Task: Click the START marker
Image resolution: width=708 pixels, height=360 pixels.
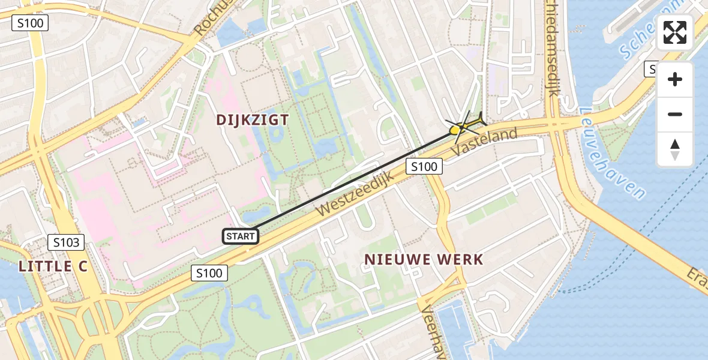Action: pyautogui.click(x=241, y=236)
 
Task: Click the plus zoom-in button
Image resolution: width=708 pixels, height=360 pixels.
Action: pyautogui.click(x=675, y=79)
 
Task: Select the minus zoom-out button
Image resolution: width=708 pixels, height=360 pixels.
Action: pyautogui.click(x=675, y=114)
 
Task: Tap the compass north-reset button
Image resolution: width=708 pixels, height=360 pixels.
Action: pyautogui.click(x=675, y=149)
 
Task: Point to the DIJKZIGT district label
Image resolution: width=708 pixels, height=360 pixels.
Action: pyautogui.click(x=253, y=120)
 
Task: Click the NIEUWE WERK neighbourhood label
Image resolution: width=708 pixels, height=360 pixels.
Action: pyautogui.click(x=424, y=259)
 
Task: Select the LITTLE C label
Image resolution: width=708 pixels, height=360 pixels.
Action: pyautogui.click(x=53, y=266)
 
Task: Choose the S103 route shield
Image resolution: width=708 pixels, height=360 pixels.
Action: pyautogui.click(x=67, y=242)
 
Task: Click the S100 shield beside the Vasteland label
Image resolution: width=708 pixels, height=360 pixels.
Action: pyautogui.click(x=424, y=166)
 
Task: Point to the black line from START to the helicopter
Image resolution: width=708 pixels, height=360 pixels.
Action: pyautogui.click(x=354, y=181)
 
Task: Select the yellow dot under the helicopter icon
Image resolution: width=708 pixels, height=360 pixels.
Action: pyautogui.click(x=455, y=130)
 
